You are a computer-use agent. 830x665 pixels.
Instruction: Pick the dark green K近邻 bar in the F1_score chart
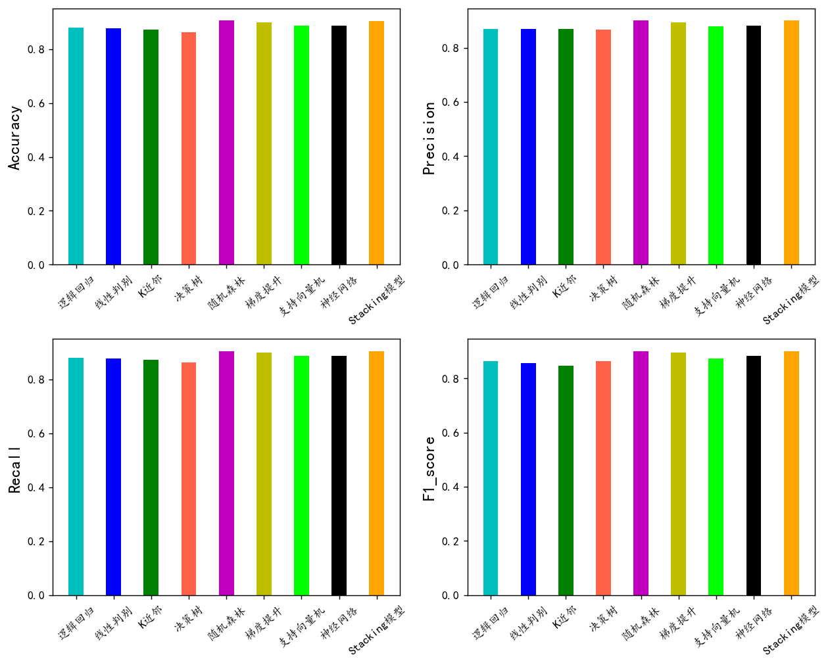point(566,481)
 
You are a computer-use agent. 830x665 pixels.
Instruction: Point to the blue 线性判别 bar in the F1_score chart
point(528,480)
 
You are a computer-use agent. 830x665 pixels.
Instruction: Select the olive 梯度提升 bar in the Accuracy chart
point(264,144)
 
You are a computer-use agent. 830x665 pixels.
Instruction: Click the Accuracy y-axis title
point(15,138)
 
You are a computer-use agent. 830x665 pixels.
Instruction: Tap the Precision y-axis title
point(429,138)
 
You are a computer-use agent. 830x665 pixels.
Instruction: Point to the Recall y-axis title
point(15,470)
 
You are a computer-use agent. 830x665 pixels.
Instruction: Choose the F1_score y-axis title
point(429,468)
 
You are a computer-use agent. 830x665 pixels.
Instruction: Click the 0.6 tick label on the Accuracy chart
point(36,104)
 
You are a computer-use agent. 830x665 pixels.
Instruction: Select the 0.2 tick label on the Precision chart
point(451,211)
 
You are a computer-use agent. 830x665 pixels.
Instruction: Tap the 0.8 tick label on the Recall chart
point(36,380)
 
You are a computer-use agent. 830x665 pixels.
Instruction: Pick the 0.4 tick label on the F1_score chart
point(451,487)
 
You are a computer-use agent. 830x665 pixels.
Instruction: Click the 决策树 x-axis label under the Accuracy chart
point(185,287)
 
